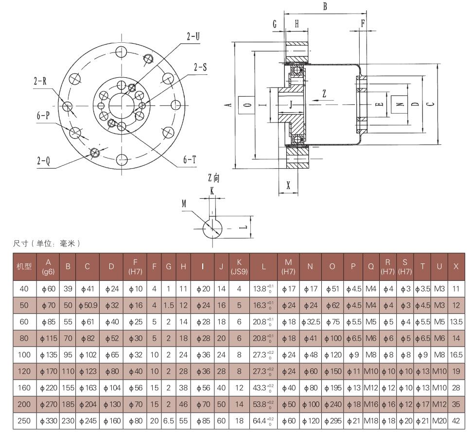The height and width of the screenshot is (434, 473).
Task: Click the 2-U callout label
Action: coord(194,36)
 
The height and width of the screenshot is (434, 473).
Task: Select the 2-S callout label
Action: coord(200,68)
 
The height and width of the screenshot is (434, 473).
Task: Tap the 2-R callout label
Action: coord(40,81)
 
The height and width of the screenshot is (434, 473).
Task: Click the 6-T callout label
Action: coord(190,159)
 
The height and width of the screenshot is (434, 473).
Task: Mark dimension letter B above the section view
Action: coord(325,6)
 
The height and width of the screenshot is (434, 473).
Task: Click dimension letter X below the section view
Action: coord(289,185)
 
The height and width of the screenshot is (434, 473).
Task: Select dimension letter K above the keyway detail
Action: coord(212,191)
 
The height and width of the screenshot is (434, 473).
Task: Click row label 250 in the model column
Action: coord(24,421)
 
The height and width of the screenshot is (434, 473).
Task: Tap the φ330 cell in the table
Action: coord(48,421)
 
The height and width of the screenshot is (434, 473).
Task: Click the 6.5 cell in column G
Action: coord(168,421)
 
